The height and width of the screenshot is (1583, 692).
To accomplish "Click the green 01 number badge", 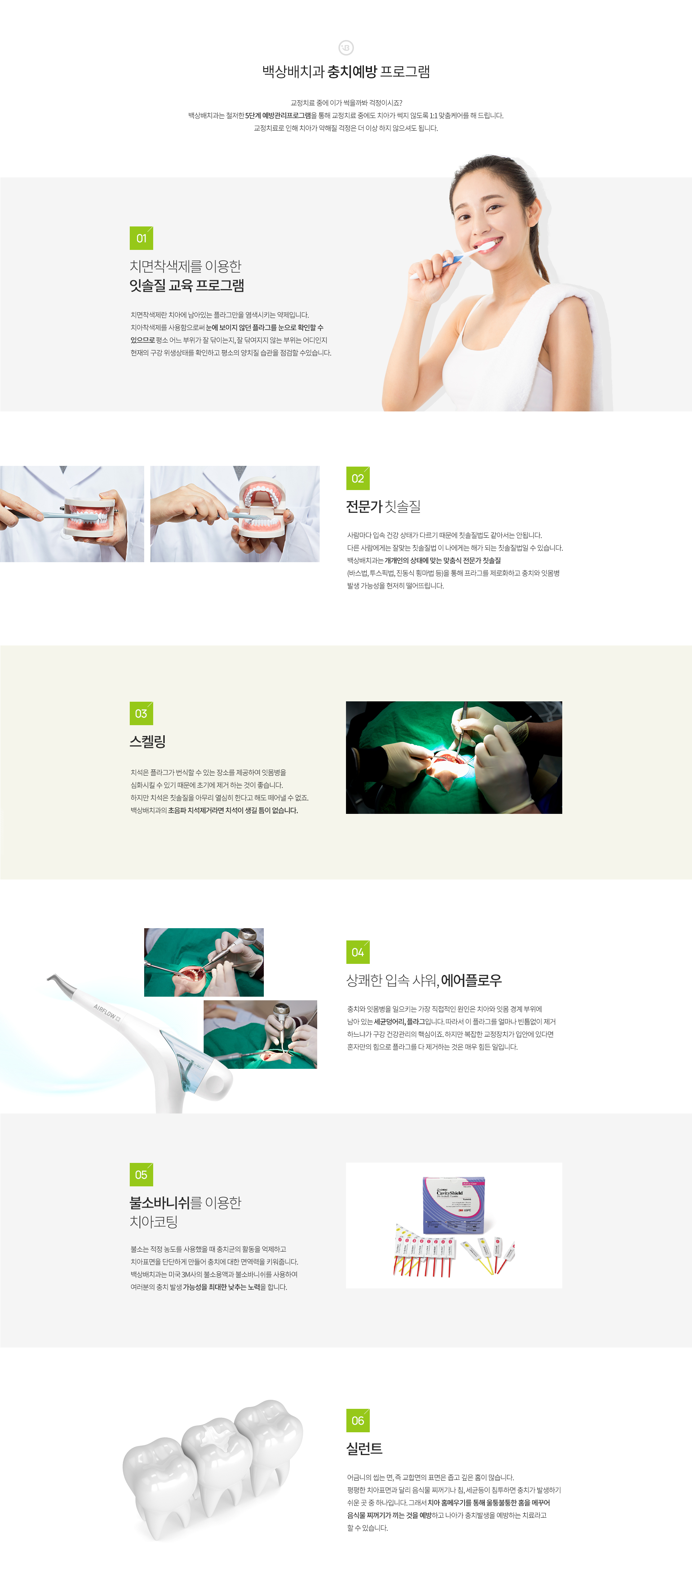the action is coord(141,238).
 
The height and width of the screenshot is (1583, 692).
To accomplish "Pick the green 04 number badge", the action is coord(358,952).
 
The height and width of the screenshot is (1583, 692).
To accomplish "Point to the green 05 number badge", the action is coord(141,1175).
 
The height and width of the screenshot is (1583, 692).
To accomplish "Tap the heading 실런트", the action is coord(364,1449).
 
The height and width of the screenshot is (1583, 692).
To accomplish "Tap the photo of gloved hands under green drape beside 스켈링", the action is coord(454,758).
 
